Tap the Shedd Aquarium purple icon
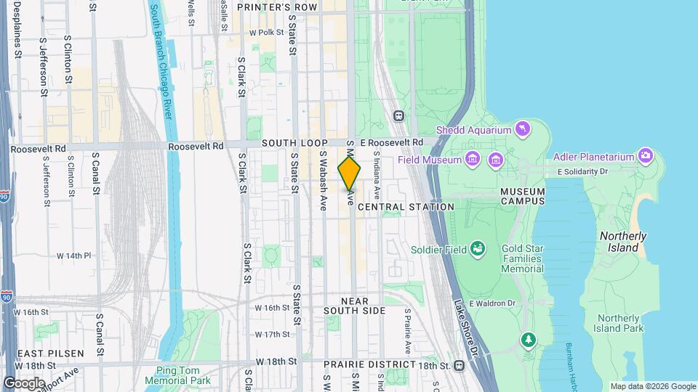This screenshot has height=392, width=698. [522, 130]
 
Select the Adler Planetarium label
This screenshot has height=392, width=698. [595, 155]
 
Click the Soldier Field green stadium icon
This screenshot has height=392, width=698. [478, 250]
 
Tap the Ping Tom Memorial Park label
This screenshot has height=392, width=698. [177, 375]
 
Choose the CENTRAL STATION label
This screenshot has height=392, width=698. [406, 207]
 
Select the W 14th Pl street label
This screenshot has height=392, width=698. [73, 256]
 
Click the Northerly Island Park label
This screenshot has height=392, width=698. [619, 323]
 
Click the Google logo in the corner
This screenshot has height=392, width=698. [23, 383]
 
